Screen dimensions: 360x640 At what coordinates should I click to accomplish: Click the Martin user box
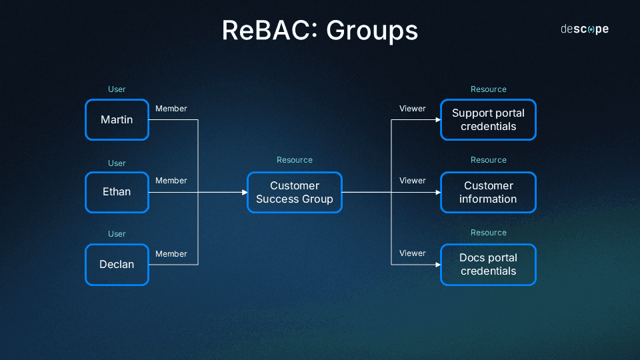click(117, 120)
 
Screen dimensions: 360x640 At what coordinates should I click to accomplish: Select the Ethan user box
click(117, 192)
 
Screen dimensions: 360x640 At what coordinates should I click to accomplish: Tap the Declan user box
click(117, 265)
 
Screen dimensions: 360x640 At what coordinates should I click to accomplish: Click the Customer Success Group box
click(294, 193)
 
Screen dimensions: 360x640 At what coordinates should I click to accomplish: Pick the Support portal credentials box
click(488, 120)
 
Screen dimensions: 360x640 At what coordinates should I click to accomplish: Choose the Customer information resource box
click(488, 193)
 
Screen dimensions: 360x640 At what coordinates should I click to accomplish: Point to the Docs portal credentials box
click(488, 265)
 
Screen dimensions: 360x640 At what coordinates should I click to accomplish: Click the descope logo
click(584, 29)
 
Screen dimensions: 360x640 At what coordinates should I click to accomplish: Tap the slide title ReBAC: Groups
click(320, 31)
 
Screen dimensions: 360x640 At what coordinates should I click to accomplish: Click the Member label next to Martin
click(171, 109)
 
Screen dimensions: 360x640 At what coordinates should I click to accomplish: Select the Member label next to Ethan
click(171, 181)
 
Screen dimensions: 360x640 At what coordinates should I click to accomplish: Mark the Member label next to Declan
click(171, 254)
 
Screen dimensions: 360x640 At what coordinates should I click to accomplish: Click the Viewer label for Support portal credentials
click(412, 109)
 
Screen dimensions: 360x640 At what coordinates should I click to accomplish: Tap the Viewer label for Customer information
click(412, 181)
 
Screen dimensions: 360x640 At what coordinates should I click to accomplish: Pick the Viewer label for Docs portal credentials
click(412, 253)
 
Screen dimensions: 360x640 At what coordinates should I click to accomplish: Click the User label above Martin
click(117, 89)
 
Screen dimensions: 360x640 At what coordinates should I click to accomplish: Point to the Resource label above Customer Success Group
click(294, 160)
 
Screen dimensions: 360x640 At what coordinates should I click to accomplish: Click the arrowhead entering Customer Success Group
click(244, 193)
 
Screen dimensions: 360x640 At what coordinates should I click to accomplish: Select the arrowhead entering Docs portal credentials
click(437, 265)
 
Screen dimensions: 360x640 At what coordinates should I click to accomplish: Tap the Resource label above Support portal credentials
click(488, 89)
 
